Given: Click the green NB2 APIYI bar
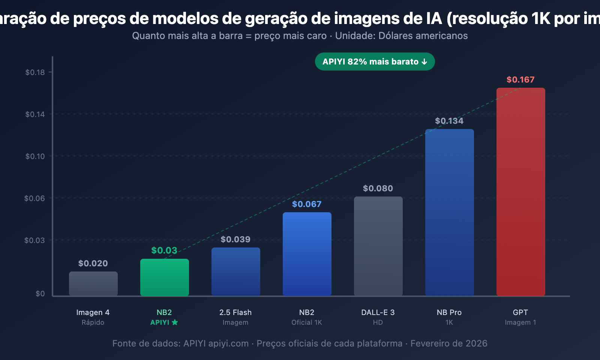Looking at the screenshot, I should pyautogui.click(x=164, y=277).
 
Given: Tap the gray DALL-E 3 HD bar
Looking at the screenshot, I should pyautogui.click(x=378, y=246).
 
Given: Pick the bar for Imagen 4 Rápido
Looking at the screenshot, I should pyautogui.click(x=93, y=284).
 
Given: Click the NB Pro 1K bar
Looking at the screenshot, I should pyautogui.click(x=449, y=213).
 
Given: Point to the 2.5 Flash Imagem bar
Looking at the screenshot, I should pyautogui.click(x=235, y=272).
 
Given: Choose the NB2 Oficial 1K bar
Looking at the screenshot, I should pyautogui.click(x=307, y=254).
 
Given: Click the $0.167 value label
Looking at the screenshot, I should pyautogui.click(x=520, y=79).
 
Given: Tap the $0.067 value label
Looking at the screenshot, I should pyautogui.click(x=307, y=204).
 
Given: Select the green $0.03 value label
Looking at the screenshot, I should pyautogui.click(x=164, y=250).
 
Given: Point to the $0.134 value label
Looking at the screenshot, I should pyautogui.click(x=449, y=121).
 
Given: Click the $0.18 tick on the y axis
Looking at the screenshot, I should pyautogui.click(x=35, y=72).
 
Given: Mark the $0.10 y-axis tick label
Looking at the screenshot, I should pyautogui.click(x=35, y=156).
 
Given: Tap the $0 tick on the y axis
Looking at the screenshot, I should pyautogui.click(x=40, y=294).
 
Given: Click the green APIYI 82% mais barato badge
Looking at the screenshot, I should pyautogui.click(x=375, y=61).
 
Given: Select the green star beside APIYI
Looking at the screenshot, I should pyautogui.click(x=175, y=322).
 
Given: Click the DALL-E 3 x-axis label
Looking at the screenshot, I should pyautogui.click(x=378, y=312).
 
